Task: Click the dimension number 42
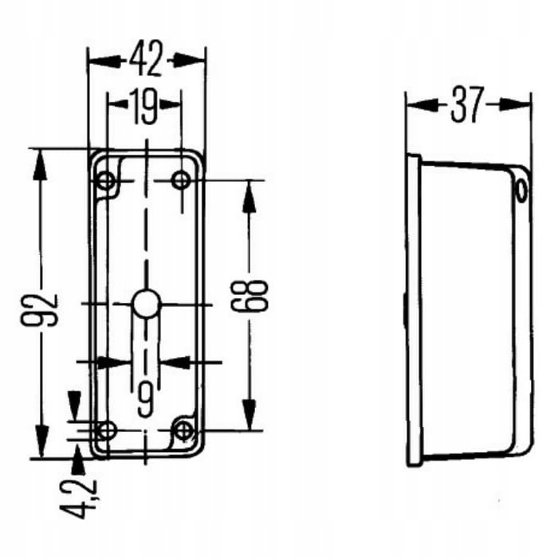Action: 146,58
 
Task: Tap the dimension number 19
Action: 143,106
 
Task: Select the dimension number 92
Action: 39,309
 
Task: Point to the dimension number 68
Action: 249,295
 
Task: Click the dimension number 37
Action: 468,104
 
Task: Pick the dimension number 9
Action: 145,399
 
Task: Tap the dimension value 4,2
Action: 78,499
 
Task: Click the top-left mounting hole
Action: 106,181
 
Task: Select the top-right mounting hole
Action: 181,180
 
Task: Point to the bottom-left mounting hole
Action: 106,430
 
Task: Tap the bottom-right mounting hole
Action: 183,430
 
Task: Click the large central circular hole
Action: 145,304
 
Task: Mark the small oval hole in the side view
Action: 521,191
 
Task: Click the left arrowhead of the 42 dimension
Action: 103,61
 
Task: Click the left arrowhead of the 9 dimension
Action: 113,362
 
